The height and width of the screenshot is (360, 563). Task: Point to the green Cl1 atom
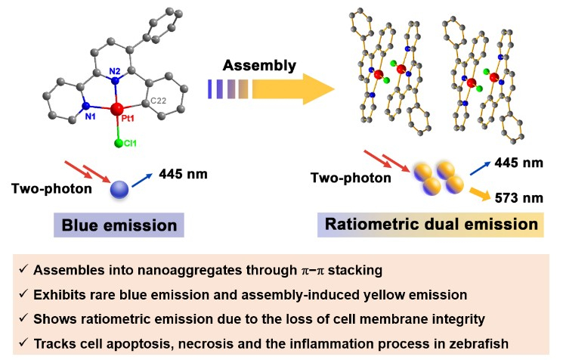[119, 142]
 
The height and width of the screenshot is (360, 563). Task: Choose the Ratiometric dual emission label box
[432, 225]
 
